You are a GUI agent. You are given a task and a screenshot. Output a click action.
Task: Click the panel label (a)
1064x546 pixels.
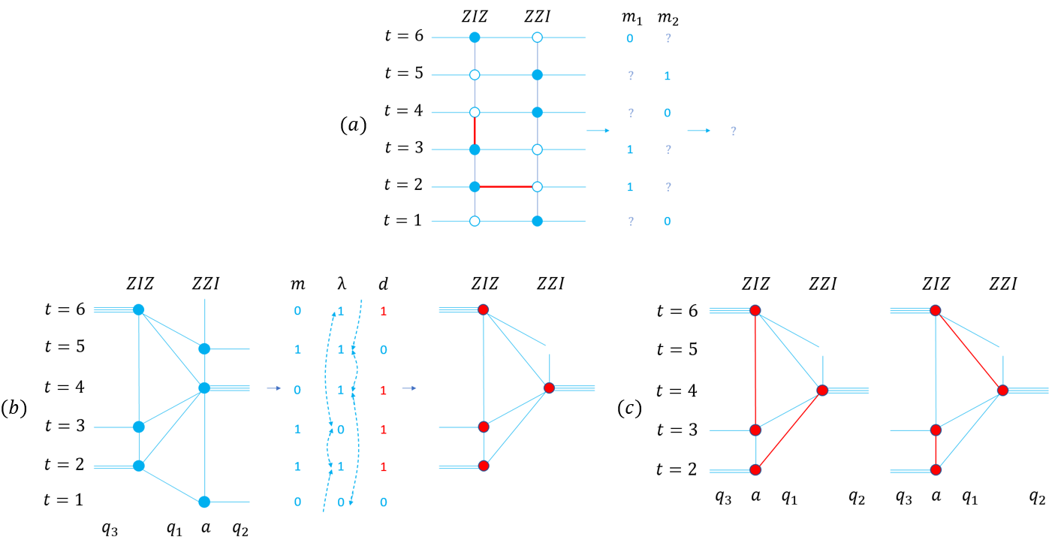point(354,125)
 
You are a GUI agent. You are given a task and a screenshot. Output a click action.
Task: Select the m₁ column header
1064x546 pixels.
point(631,17)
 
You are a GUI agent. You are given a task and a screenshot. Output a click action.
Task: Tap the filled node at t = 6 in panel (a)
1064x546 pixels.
point(475,37)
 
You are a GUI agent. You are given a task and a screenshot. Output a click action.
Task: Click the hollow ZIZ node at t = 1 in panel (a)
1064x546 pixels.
point(475,221)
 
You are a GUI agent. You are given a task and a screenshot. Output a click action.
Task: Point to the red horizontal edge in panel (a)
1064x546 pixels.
point(506,187)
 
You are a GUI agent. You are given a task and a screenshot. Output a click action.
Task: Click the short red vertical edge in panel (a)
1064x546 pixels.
point(475,131)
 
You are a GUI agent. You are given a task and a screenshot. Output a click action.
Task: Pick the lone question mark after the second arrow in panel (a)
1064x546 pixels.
point(734,131)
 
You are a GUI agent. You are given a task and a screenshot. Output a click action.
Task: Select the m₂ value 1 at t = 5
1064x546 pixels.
point(668,76)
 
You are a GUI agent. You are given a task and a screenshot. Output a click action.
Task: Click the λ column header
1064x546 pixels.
point(342,284)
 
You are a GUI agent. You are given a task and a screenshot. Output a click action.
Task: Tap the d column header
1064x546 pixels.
point(383,284)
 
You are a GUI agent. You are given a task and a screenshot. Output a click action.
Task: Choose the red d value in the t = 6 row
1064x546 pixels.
point(383,311)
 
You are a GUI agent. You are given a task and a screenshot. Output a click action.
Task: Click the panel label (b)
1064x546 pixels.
point(14,408)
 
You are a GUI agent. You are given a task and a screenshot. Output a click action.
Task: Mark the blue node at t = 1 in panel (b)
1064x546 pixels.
point(204,502)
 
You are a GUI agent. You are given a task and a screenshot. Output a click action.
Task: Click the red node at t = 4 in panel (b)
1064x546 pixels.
point(549,388)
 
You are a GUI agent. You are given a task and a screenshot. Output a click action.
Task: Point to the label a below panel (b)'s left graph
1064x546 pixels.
point(206,527)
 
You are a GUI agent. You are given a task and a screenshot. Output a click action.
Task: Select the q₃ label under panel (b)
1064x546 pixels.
point(110,529)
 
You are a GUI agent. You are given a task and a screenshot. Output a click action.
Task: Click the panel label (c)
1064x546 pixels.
point(629,408)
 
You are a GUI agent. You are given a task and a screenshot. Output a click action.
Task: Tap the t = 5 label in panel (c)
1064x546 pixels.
point(677,349)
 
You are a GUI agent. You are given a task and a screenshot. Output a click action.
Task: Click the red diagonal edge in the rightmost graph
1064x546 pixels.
point(969,350)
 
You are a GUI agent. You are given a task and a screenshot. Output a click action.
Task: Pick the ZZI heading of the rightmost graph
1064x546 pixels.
point(1003,284)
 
